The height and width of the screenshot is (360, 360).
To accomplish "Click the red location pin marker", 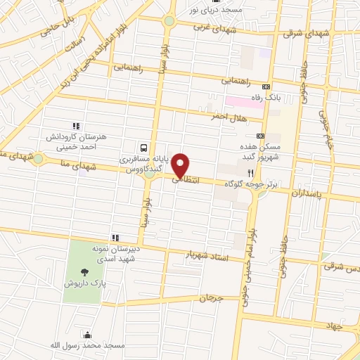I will (x=181, y=164).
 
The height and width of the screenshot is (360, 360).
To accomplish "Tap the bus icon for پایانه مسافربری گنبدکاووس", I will (x=143, y=148).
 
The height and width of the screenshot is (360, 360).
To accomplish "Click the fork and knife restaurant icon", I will (x=249, y=172).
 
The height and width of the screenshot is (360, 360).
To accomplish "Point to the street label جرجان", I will (x=210, y=297).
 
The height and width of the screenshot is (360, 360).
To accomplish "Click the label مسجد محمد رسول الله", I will (x=86, y=346).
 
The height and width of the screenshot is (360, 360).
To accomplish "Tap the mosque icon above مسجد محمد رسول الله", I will (x=86, y=335).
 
